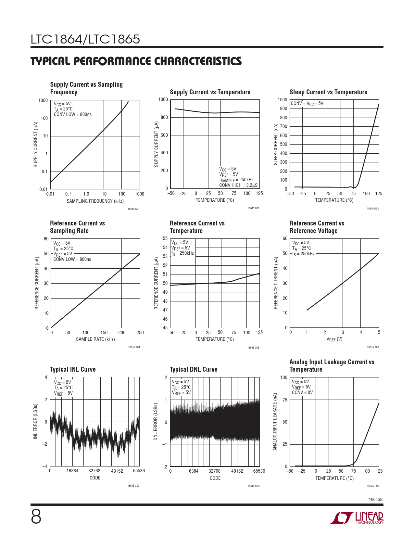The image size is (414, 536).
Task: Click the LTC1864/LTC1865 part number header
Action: (85, 39)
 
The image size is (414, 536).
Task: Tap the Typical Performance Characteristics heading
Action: (136, 61)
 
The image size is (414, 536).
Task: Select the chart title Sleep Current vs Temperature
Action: (328, 92)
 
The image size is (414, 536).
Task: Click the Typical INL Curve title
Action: (73, 369)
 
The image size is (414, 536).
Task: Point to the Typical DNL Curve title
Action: (194, 369)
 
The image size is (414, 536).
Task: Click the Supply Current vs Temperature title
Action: (210, 92)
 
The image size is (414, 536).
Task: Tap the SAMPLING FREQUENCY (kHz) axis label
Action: (95, 201)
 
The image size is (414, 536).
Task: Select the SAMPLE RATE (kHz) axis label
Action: (95, 339)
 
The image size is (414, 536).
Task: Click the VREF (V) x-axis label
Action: (334, 339)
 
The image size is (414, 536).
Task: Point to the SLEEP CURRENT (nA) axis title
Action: (276, 144)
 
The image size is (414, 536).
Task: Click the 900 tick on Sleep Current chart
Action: (283, 109)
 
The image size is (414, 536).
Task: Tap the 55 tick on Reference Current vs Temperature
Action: (165, 238)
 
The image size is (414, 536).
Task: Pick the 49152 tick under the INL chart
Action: (117, 471)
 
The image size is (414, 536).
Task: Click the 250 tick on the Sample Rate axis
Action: (140, 333)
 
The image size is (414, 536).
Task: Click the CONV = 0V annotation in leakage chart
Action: (302, 392)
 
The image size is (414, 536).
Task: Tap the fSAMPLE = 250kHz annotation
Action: (236, 180)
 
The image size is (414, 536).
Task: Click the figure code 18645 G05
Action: (253, 348)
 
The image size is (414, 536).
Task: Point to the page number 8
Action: (36, 517)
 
